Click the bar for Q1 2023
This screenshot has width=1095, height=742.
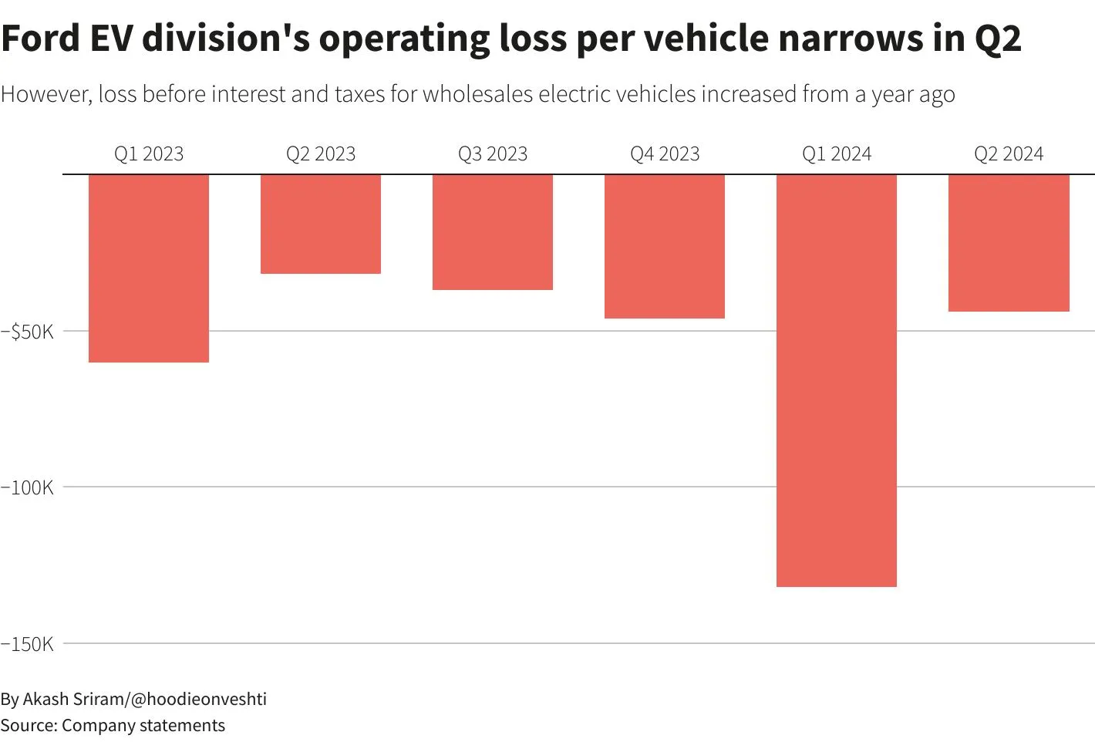[149, 268]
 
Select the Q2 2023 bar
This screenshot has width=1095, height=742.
[321, 224]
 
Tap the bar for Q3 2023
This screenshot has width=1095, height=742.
[493, 232]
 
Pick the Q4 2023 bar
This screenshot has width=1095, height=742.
[665, 246]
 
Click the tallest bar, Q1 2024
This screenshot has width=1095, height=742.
[837, 380]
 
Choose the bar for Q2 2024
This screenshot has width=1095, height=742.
[1009, 243]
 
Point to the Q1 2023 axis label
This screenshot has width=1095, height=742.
[149, 154]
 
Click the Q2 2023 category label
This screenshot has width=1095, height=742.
[321, 154]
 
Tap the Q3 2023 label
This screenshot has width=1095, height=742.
[493, 154]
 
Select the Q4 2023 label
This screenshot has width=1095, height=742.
[665, 154]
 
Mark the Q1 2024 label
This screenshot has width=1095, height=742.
[837, 154]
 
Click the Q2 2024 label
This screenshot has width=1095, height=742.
[1009, 154]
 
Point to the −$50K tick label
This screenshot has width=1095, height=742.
[27, 332]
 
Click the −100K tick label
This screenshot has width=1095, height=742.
[27, 487]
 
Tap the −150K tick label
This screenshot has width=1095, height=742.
[27, 644]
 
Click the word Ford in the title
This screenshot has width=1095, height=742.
[41, 38]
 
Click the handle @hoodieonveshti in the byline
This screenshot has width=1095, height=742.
[198, 699]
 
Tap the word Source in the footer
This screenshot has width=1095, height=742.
[29, 725]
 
